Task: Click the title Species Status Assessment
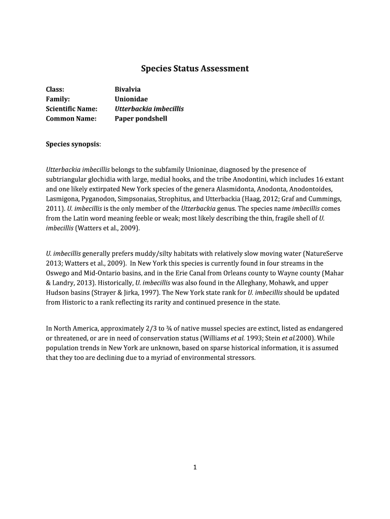pos(194,68)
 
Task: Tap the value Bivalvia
pos(128,90)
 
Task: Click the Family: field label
pos(58,99)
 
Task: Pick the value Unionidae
pos(131,99)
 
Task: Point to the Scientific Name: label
pos(71,109)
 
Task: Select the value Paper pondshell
pos(141,119)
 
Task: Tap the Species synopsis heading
pos(73,144)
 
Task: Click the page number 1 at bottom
pos(195,467)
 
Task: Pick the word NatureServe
pos(327,253)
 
